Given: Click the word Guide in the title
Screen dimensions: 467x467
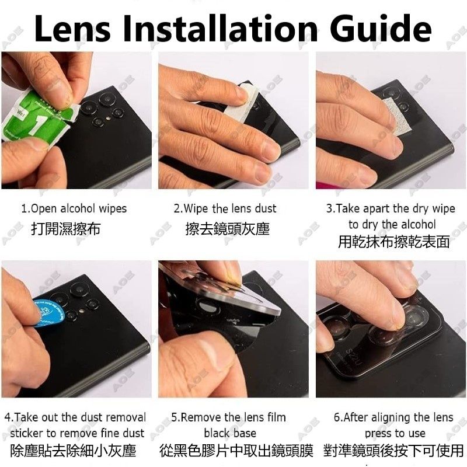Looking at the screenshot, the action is click(x=381, y=28).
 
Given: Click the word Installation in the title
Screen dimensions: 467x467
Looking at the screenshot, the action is click(x=221, y=28).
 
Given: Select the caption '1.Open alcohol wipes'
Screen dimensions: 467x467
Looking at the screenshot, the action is click(x=74, y=208).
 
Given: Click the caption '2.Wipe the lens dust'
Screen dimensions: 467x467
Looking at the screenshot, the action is click(x=225, y=208).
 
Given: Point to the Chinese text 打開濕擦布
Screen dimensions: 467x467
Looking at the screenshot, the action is click(x=66, y=229).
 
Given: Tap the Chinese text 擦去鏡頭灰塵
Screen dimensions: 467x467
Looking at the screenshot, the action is click(x=228, y=229).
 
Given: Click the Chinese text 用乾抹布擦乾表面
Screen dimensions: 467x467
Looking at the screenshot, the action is click(x=393, y=242).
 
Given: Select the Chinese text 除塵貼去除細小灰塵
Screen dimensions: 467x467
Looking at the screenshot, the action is click(x=74, y=451).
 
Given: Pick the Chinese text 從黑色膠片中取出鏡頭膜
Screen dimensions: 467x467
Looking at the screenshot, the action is click(x=236, y=451).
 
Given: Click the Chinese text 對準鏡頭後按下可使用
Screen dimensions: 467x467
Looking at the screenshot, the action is click(x=393, y=451).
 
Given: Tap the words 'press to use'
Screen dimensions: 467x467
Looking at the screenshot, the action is click(x=395, y=433).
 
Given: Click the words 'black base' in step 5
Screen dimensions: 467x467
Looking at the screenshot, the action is click(x=230, y=433).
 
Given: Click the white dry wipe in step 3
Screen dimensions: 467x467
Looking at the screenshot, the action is click(x=398, y=117).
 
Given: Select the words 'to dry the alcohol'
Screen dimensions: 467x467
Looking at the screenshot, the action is click(x=392, y=225).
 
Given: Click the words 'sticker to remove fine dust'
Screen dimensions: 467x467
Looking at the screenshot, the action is click(x=77, y=433).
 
